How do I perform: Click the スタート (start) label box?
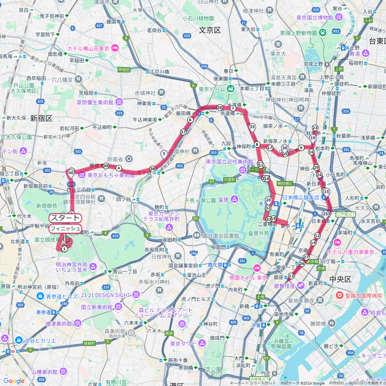coord(65,218)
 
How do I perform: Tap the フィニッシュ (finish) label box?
coord(65,228)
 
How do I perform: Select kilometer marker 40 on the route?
coord(71,173)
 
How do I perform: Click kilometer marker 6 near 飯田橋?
coord(190,120)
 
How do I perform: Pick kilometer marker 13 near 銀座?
coord(291,276)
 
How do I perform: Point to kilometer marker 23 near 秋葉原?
coord(315,128)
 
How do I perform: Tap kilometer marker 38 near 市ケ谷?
coord(152,169)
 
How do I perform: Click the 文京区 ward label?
coord(210,30)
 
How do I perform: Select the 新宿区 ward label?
coord(41,118)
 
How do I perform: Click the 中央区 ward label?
coord(340,279)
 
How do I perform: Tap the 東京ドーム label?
coord(212,89)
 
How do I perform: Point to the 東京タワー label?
coord(183,343)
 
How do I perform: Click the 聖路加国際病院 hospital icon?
coord(340,296)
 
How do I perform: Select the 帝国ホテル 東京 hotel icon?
coord(257,268)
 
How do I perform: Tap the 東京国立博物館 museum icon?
coord(339,17)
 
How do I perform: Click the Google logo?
coord(14,381)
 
